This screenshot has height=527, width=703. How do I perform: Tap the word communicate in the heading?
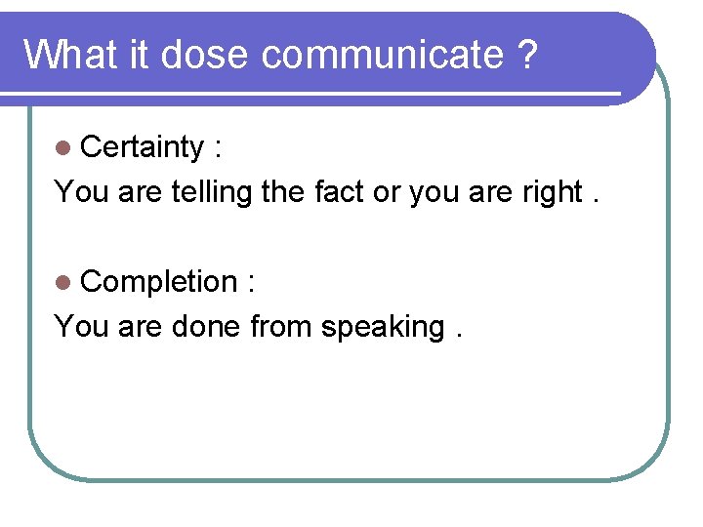click(x=382, y=55)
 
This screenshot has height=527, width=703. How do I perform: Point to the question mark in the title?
click(x=527, y=55)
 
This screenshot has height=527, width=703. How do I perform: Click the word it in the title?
click(x=138, y=55)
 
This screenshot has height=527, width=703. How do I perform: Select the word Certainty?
click(x=142, y=146)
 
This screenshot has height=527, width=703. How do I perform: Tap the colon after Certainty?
click(x=217, y=148)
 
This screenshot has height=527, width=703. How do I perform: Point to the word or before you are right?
click(x=388, y=193)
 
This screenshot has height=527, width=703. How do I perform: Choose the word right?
click(x=551, y=192)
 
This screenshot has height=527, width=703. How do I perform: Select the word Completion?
click(x=159, y=282)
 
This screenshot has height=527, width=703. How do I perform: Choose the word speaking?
click(x=383, y=327)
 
